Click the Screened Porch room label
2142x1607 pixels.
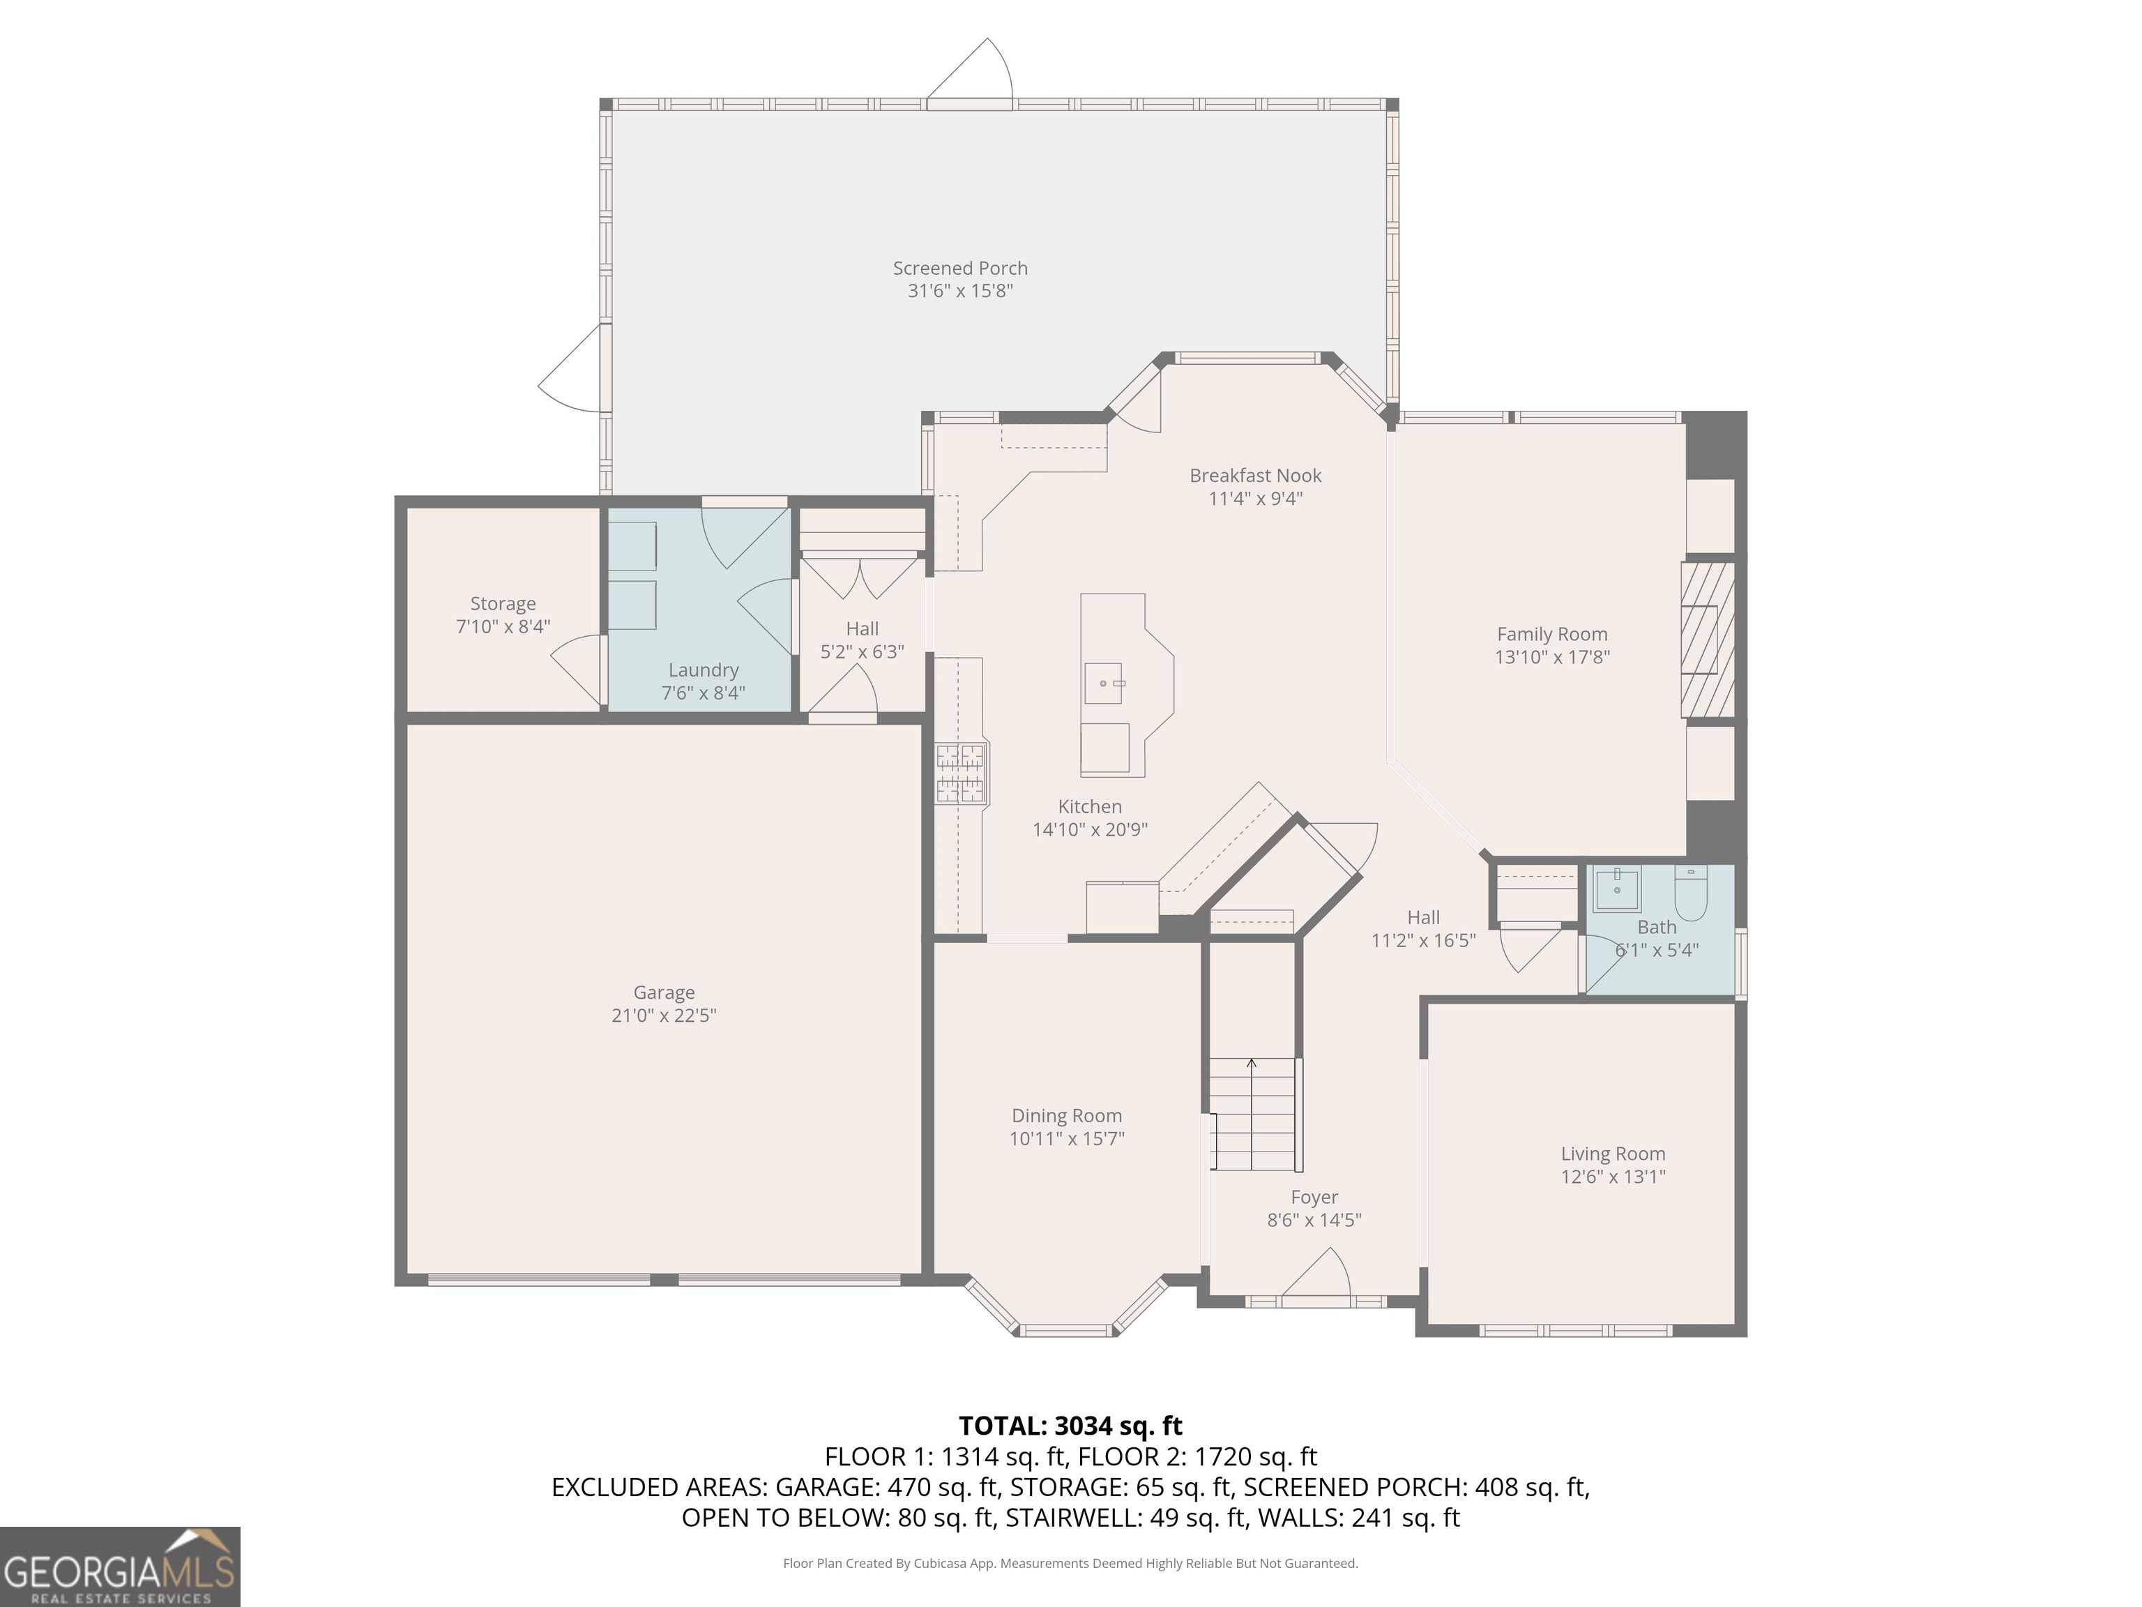pos(959,269)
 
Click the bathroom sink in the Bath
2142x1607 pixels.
pos(1616,889)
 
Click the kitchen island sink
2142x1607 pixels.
pos(1103,683)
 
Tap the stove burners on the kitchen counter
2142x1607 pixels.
pos(959,773)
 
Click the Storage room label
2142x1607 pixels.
pos(503,603)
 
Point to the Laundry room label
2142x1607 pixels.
pos(703,670)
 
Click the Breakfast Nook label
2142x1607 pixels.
pos(1255,476)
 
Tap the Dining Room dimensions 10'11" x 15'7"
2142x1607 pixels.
pos(1066,1138)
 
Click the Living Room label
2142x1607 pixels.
pos(1612,1154)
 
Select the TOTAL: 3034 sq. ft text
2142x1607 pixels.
pos(1070,1426)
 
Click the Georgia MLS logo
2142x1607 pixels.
pos(119,1567)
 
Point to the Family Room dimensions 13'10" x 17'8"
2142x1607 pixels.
pos(1551,657)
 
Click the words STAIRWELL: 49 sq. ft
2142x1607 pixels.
pos(1126,1518)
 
